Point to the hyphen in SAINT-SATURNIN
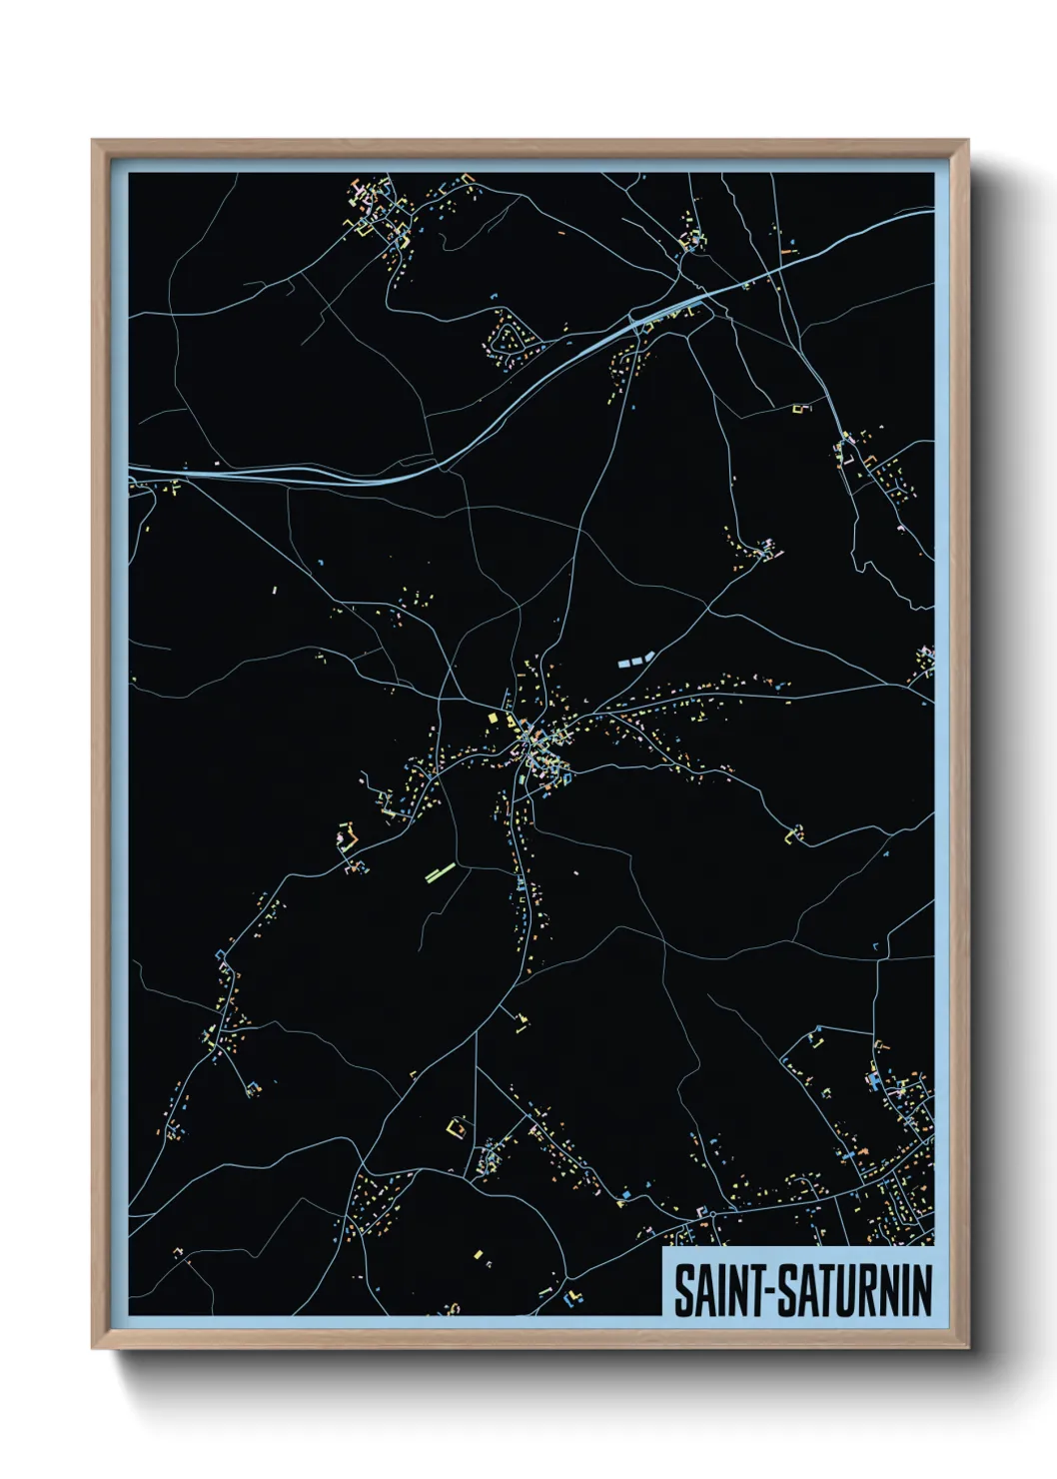click(x=769, y=1292)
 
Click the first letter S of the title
click(x=684, y=1290)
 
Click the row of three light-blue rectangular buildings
click(x=633, y=660)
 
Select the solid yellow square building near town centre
click(x=492, y=718)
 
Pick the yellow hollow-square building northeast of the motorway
click(x=799, y=408)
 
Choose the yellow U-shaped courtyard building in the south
click(x=458, y=1126)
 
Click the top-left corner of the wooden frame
click(x=93, y=141)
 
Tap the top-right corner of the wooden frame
click(x=967, y=141)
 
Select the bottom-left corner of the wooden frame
click(x=93, y=1347)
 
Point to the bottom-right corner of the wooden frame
click(x=967, y=1347)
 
